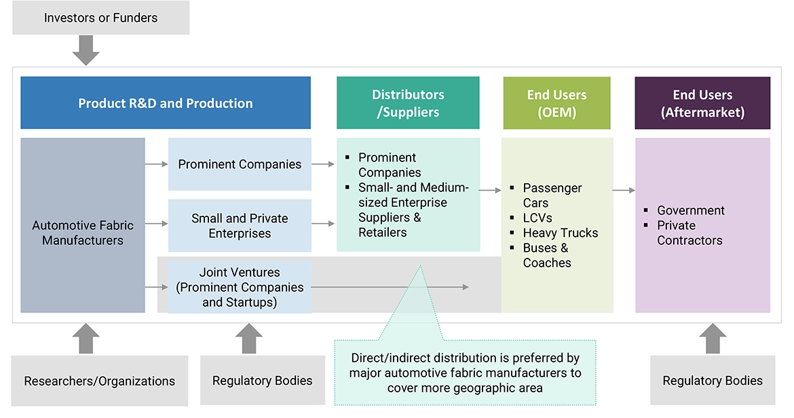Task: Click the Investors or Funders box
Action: (x=100, y=18)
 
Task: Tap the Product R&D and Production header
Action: (x=166, y=103)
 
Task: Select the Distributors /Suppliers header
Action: (x=408, y=103)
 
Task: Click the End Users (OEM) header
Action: (x=556, y=103)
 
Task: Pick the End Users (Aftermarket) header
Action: (x=702, y=103)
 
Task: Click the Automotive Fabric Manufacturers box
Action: (x=83, y=232)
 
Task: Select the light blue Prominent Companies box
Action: (x=240, y=164)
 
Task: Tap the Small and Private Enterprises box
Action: (x=240, y=225)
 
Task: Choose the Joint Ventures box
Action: (x=240, y=287)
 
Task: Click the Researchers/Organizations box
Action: (x=100, y=381)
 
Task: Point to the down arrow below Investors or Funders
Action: (x=86, y=50)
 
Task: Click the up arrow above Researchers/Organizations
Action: (x=86, y=339)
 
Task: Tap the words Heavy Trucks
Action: (x=561, y=233)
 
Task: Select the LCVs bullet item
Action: (x=537, y=218)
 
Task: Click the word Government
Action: (x=691, y=210)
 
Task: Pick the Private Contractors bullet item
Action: (x=689, y=233)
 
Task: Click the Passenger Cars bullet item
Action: (x=552, y=195)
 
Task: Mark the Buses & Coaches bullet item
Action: (x=546, y=255)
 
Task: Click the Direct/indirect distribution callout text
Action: (x=465, y=373)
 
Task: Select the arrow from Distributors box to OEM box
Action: (x=490, y=191)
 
